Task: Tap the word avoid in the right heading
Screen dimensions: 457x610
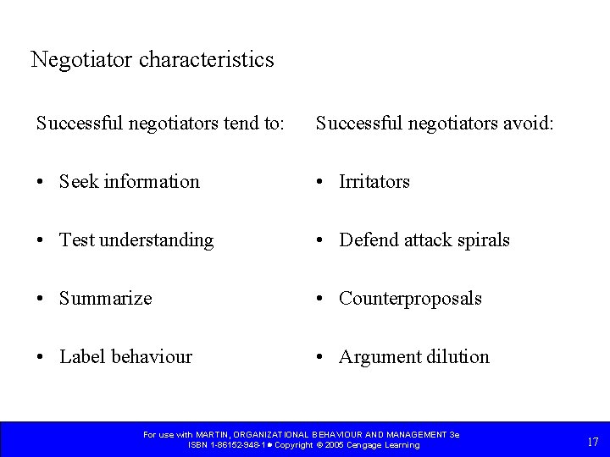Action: [530, 124]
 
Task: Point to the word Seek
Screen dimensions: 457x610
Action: [79, 182]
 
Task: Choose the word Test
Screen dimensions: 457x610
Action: [77, 240]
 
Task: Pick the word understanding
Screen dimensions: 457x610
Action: [157, 241]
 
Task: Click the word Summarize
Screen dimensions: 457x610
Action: [106, 299]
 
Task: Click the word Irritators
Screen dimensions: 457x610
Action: [374, 182]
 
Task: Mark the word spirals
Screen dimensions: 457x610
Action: [481, 241]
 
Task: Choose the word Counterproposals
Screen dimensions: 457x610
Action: [411, 300]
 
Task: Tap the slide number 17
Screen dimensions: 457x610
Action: [592, 441]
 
